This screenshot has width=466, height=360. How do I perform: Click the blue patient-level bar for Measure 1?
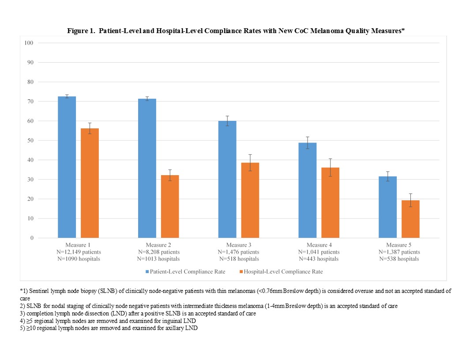tap(67, 167)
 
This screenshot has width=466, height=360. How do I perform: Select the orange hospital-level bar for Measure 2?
tap(170, 206)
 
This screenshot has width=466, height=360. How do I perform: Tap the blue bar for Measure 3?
tap(227, 179)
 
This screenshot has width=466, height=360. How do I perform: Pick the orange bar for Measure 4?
tap(331, 202)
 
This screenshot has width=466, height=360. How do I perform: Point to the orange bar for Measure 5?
tap(410, 219)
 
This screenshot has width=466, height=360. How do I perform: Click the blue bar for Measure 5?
tap(387, 207)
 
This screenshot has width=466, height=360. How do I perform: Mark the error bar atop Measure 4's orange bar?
tap(331, 168)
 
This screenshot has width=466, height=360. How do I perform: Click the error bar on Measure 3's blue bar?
tap(227, 121)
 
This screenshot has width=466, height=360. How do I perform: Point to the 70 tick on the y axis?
tap(30, 101)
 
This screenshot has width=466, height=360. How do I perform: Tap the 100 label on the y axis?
tap(29, 43)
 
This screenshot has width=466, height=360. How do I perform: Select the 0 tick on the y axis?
tap(32, 238)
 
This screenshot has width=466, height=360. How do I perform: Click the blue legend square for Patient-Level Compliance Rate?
tap(147, 271)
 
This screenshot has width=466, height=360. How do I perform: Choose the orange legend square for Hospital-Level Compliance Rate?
tap(241, 271)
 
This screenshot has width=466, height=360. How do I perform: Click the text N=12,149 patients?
tap(79, 252)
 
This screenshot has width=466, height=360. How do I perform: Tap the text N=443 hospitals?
tap(319, 259)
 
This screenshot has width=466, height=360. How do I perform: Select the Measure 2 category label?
tap(158, 245)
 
